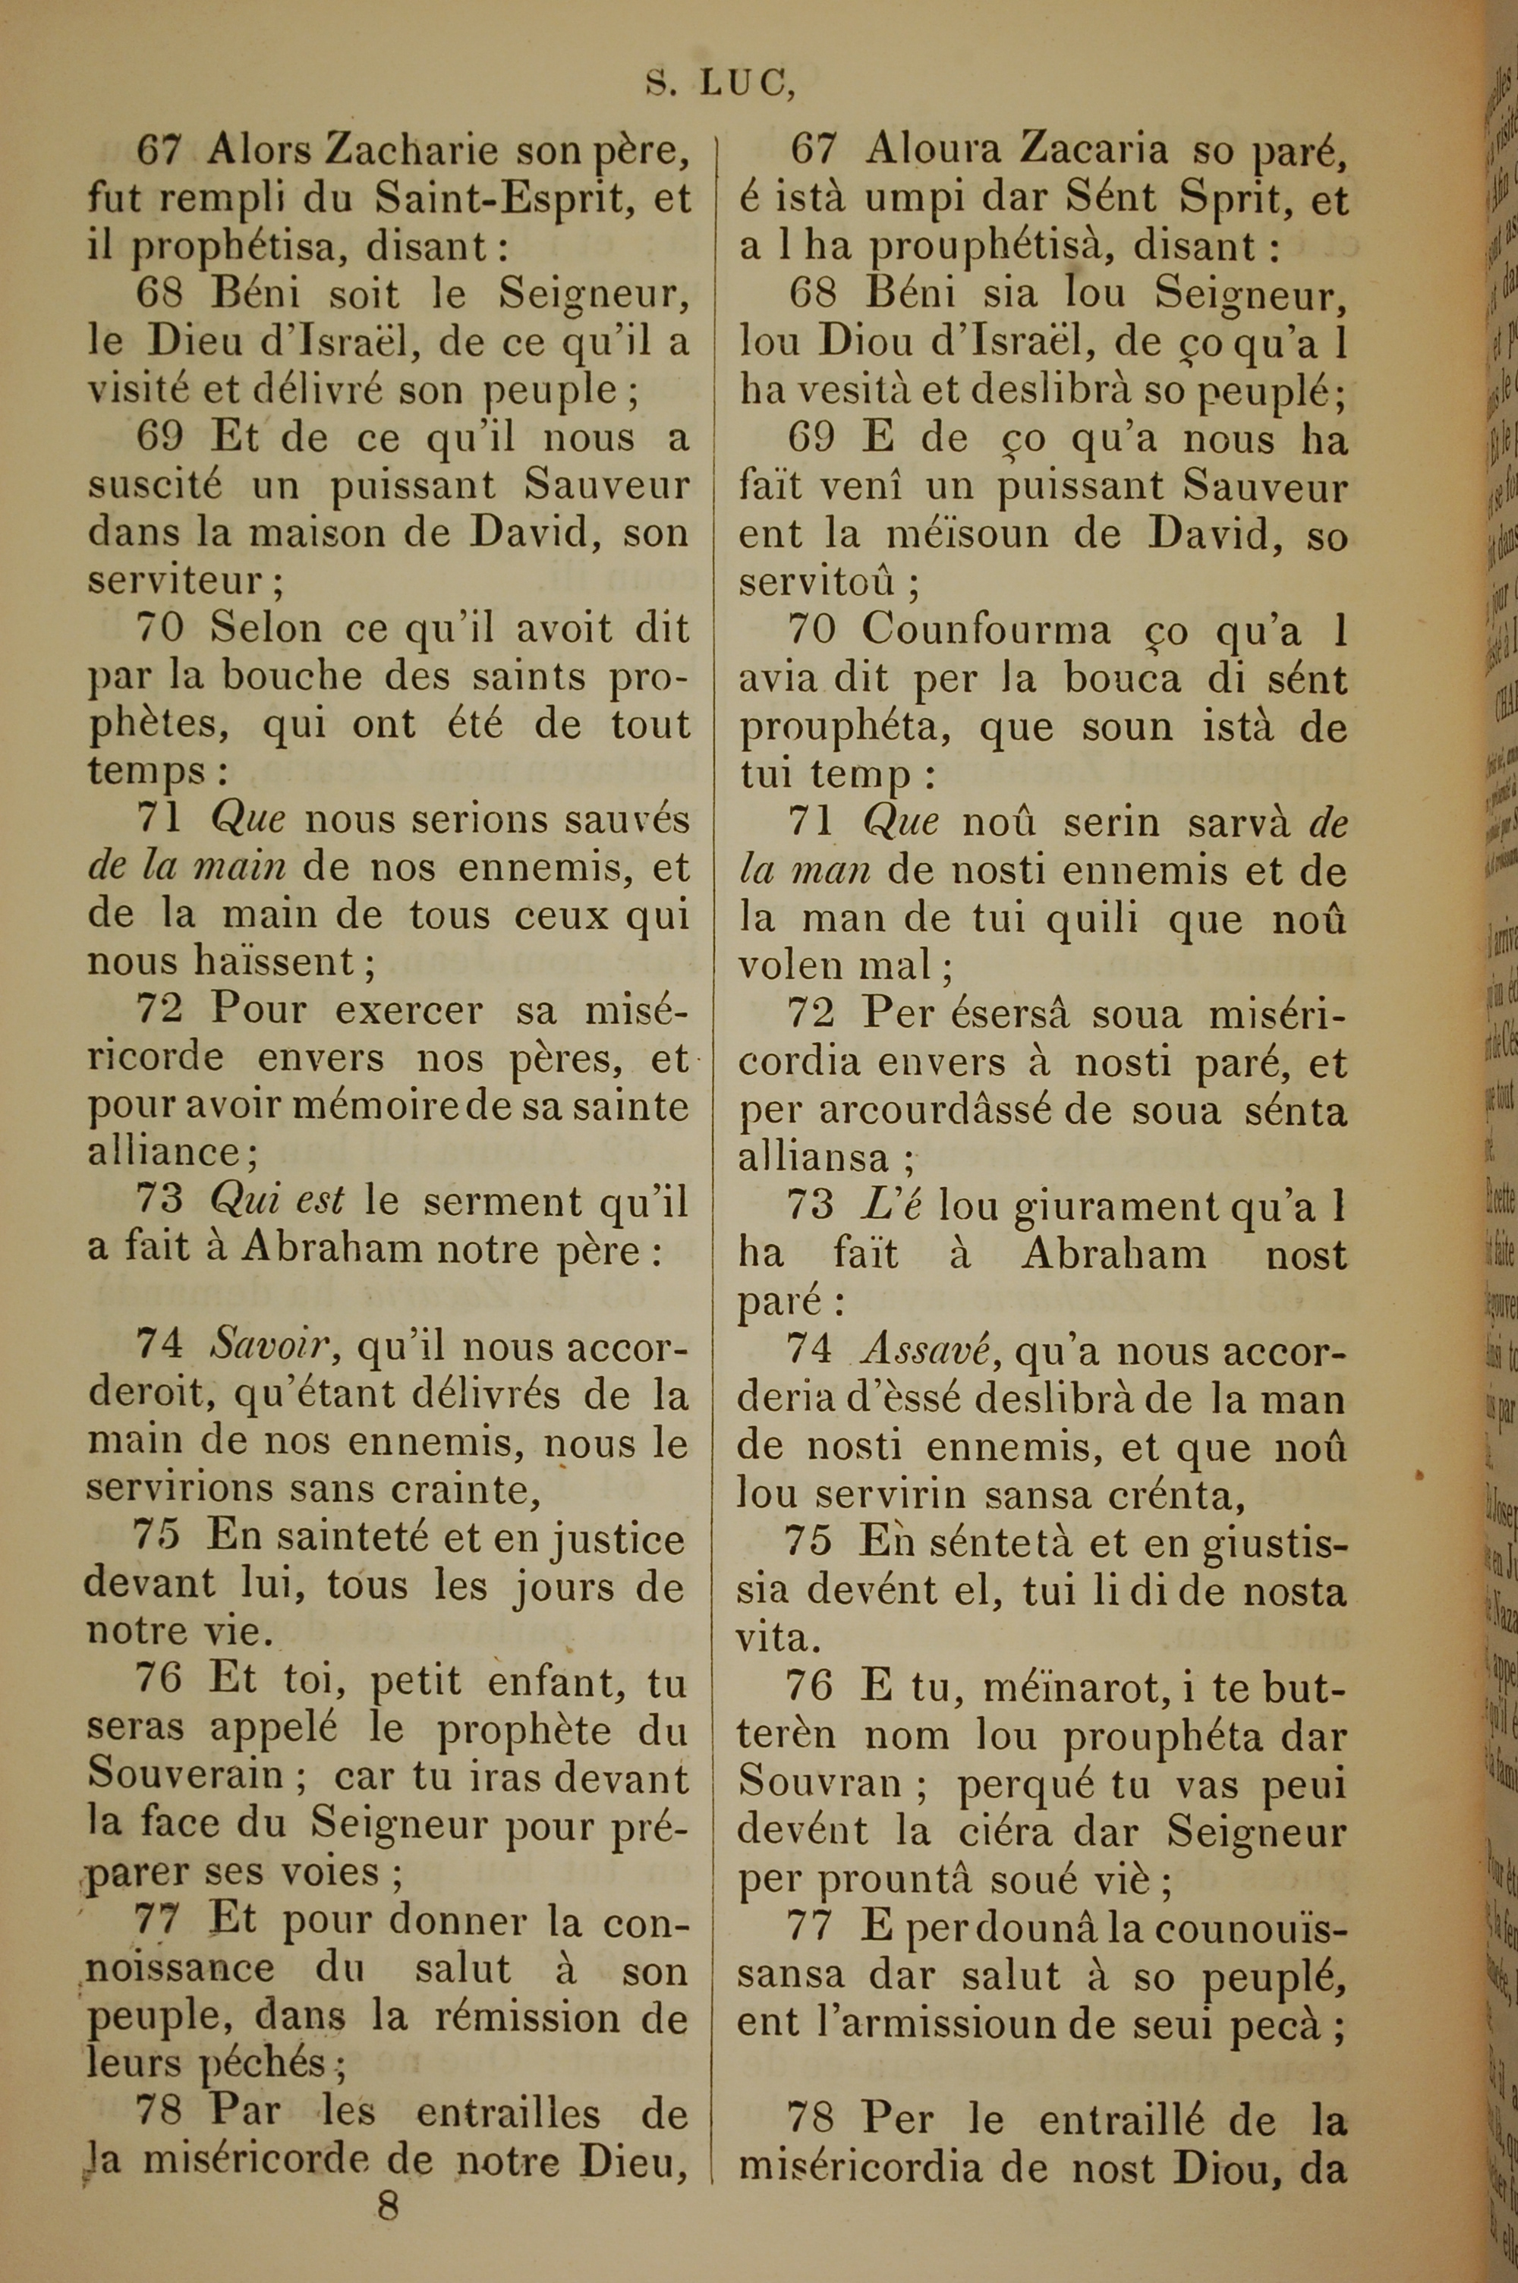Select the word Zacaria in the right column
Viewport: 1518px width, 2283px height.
click(1076, 150)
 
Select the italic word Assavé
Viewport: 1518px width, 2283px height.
click(928, 1348)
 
